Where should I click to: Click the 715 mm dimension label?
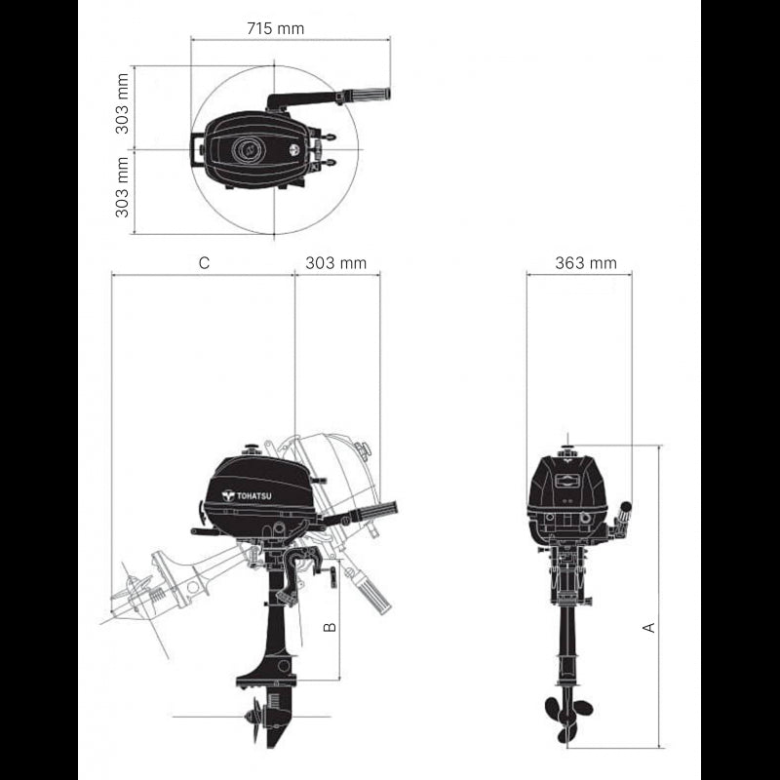(x=276, y=28)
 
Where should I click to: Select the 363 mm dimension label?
(x=586, y=262)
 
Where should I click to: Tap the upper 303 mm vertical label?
(x=122, y=103)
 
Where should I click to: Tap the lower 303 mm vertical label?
(x=122, y=187)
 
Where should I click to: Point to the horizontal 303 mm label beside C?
(x=335, y=262)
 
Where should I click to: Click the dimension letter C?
(x=204, y=262)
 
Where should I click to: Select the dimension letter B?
(x=330, y=627)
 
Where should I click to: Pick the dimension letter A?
(x=649, y=627)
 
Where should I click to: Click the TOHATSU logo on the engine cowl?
(x=248, y=495)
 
